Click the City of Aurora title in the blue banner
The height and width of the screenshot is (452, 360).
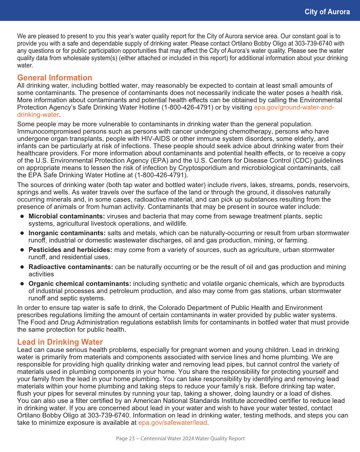327,12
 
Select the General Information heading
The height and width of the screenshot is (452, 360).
54,78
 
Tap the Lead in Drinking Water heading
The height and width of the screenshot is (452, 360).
60,342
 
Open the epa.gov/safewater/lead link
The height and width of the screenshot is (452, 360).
172,423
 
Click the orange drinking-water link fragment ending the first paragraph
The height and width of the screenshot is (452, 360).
38,115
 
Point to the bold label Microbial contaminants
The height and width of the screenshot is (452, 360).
66,217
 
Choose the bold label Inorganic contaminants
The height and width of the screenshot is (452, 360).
67,233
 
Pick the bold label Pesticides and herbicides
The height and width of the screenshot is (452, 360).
70,250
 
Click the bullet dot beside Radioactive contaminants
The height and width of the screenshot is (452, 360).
22,267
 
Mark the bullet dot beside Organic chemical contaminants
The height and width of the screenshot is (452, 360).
22,284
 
